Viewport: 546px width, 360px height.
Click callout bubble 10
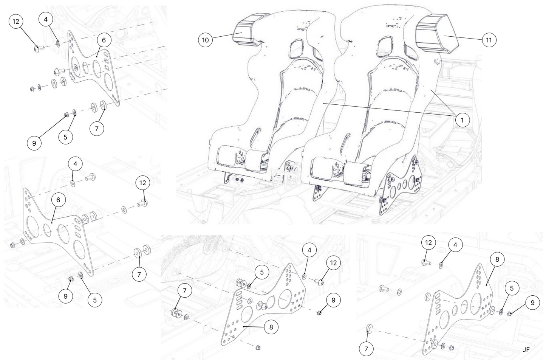point(205,40)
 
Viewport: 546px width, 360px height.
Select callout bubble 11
point(489,40)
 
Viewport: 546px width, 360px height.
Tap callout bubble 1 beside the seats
point(462,120)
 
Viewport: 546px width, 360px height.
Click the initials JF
point(526,350)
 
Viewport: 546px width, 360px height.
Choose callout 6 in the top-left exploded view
point(104,40)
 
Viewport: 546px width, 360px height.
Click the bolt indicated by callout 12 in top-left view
point(38,48)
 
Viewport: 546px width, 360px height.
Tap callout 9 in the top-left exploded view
point(34,143)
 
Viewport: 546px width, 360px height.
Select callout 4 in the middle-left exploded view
point(75,164)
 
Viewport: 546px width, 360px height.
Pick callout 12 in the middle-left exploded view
point(142,183)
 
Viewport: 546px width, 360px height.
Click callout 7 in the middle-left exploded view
point(139,274)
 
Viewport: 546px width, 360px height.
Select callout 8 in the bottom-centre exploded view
point(271,327)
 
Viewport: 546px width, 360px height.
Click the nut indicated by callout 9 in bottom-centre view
point(320,313)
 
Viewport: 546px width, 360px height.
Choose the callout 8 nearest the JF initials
point(497,259)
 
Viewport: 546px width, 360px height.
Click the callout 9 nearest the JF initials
point(532,303)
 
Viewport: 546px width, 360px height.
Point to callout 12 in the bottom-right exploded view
point(428,242)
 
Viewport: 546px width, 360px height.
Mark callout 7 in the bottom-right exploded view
point(366,348)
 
